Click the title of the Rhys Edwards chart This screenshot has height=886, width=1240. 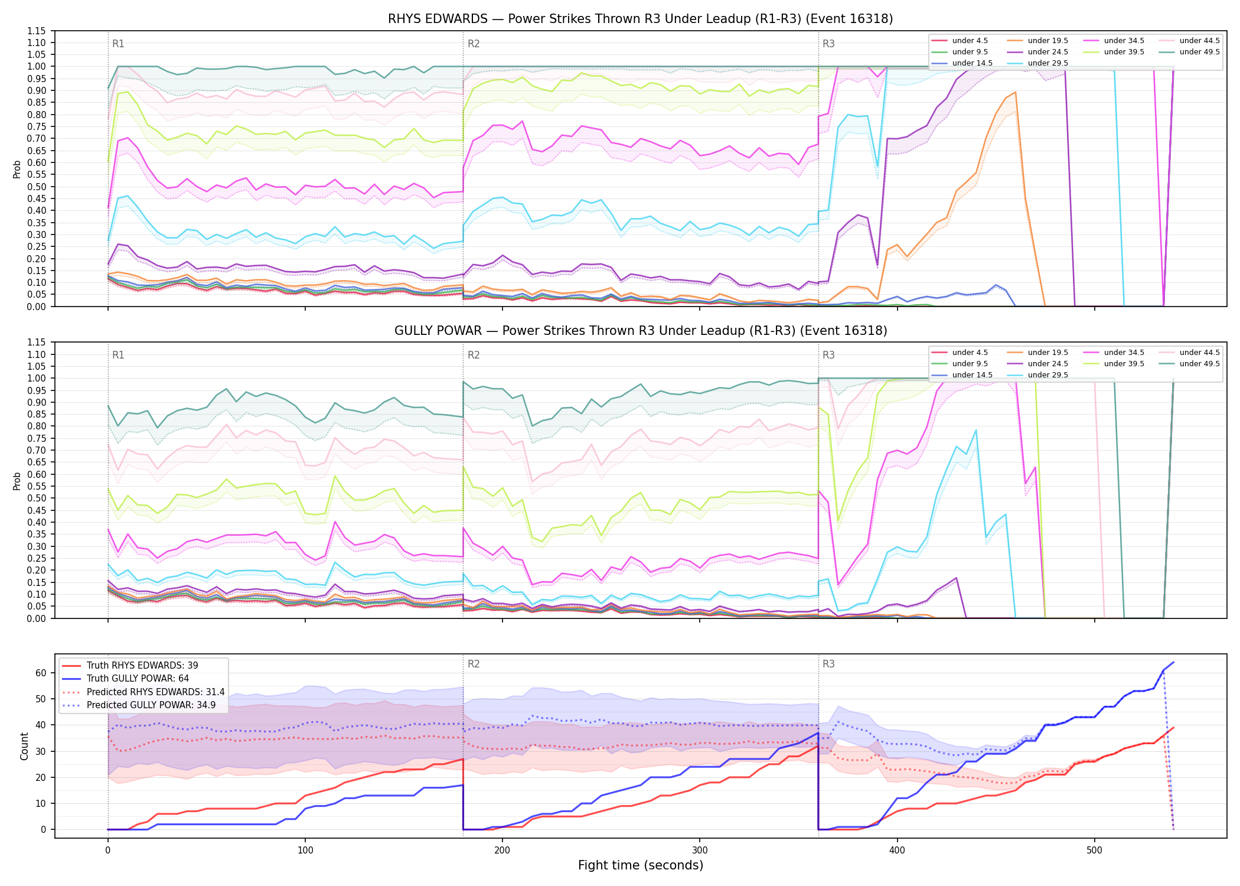640,19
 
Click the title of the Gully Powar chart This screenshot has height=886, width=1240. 641,331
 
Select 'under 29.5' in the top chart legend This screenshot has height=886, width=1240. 1048,63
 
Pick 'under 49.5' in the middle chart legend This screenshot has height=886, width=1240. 1200,364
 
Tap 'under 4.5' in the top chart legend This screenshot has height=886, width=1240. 970,41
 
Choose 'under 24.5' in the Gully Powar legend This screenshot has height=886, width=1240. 1048,364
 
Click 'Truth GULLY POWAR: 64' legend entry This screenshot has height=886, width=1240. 138,679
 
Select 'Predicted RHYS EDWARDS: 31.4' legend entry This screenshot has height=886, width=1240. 155,692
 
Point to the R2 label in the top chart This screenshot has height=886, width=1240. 474,44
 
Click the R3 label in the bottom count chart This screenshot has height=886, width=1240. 828,664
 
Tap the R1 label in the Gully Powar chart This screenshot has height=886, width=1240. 118,355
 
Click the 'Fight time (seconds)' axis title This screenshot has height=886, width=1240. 641,865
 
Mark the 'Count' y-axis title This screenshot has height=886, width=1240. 24,746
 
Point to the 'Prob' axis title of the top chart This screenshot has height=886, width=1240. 17,170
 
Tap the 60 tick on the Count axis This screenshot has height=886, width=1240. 41,673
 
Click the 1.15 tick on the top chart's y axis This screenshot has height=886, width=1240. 36,31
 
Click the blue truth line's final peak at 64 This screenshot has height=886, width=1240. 1173,662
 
